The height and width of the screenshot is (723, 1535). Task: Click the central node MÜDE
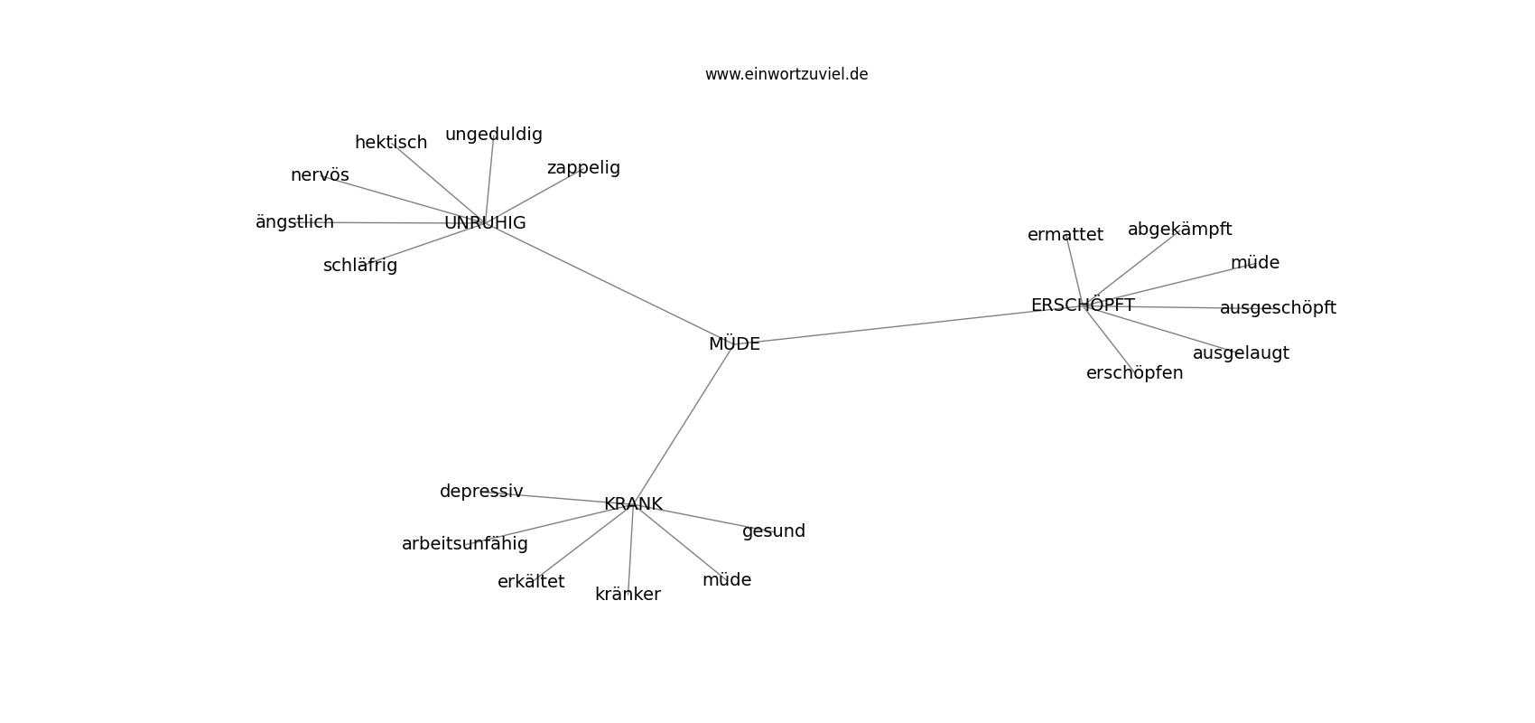click(x=734, y=343)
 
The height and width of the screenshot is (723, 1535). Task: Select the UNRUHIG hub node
click(x=485, y=223)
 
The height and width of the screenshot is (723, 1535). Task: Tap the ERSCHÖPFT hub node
click(x=1083, y=305)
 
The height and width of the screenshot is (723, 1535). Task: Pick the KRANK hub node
click(x=633, y=504)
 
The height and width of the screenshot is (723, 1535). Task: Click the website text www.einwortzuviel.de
click(x=786, y=74)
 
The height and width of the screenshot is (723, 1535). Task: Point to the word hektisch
click(x=391, y=143)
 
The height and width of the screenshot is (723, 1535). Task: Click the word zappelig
click(x=584, y=168)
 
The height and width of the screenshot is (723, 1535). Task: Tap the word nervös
click(x=320, y=175)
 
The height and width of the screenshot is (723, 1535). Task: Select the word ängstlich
click(x=294, y=222)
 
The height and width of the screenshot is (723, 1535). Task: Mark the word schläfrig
click(x=360, y=266)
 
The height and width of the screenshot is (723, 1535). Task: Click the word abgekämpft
click(x=1180, y=230)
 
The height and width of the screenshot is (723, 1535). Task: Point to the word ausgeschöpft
click(x=1278, y=308)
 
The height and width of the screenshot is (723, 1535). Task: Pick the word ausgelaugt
click(x=1241, y=353)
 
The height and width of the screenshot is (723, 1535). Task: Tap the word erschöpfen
click(x=1135, y=373)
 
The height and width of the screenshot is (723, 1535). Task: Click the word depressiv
click(x=482, y=492)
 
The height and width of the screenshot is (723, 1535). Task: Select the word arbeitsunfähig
click(x=465, y=544)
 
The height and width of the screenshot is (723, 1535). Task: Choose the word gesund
click(x=774, y=531)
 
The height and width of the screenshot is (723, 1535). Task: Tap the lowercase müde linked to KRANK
click(x=727, y=580)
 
